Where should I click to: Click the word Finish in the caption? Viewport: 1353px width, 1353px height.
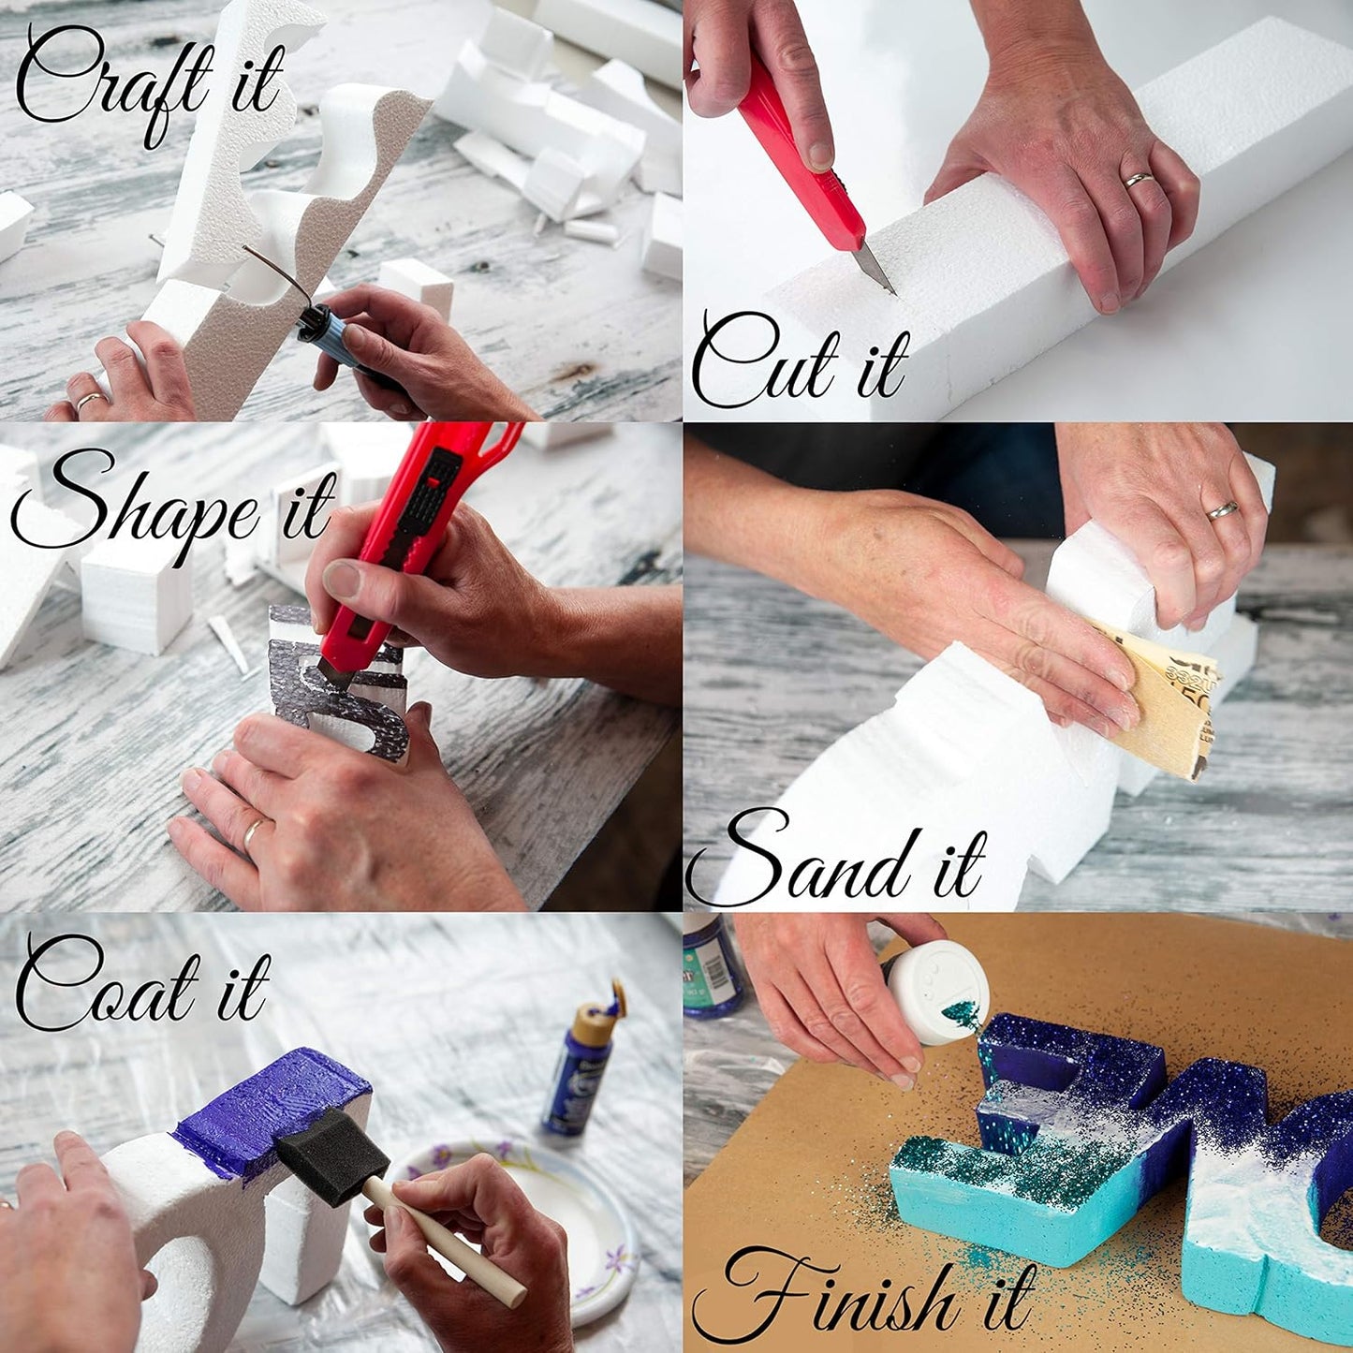pos(824,1297)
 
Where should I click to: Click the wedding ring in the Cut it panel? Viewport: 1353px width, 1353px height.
pos(1140,179)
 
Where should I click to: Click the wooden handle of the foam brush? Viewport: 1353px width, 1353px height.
pos(440,1236)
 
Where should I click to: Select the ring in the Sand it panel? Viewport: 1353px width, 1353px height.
pos(1222,510)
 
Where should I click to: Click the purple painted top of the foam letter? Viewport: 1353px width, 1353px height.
pos(272,1105)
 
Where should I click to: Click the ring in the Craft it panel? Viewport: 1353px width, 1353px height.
pos(91,401)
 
